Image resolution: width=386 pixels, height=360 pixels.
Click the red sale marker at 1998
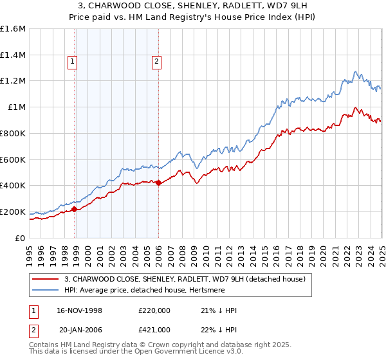[x=75, y=209]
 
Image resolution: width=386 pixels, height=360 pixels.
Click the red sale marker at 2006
[x=159, y=183]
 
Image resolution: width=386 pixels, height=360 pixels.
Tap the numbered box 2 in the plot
[x=156, y=62]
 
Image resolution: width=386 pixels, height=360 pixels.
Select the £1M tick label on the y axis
[x=17, y=107]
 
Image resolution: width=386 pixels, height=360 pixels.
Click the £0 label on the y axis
[x=21, y=238]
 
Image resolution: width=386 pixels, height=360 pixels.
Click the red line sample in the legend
[x=45, y=278]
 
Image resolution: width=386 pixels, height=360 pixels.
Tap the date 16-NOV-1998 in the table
[x=80, y=310]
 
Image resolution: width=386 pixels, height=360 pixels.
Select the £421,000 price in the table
[x=154, y=330]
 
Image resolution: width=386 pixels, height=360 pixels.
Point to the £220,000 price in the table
[x=154, y=310]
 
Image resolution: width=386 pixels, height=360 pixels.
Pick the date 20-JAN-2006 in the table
[x=80, y=330]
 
